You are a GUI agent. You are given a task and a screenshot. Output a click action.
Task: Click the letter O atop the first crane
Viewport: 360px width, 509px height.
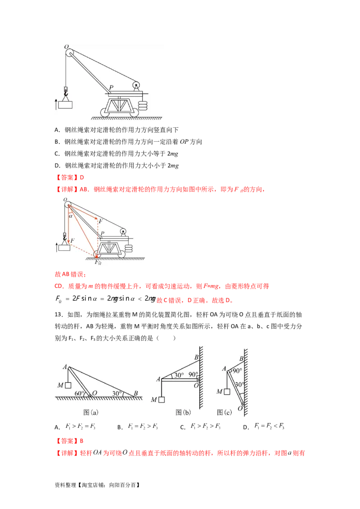click(66, 47)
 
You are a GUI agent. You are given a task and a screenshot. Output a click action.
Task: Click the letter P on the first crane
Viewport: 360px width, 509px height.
click(111, 88)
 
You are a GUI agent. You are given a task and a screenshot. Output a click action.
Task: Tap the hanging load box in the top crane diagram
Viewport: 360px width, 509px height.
click(65, 105)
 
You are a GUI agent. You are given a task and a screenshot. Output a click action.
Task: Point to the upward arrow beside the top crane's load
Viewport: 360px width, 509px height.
click(56, 104)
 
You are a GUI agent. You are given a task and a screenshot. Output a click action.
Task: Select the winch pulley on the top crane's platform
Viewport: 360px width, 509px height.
click(136, 85)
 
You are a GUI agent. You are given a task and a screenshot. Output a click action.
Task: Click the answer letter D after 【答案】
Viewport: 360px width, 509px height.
click(82, 178)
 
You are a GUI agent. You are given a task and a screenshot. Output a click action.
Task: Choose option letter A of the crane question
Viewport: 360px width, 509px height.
click(57, 130)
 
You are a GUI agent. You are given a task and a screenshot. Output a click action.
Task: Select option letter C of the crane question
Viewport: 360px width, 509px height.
click(57, 153)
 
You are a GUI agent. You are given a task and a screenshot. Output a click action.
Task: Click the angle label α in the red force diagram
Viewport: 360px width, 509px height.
click(71, 216)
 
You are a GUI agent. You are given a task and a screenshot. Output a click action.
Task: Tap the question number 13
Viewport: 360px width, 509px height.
click(58, 315)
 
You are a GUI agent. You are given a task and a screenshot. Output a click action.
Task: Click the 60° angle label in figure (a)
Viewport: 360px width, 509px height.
click(79, 393)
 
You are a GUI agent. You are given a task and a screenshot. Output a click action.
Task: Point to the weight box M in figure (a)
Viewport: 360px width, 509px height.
click(68, 385)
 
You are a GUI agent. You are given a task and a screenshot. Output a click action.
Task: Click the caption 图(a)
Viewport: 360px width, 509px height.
click(90, 412)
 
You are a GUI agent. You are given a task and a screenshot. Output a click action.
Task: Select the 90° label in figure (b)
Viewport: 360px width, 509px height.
click(193, 375)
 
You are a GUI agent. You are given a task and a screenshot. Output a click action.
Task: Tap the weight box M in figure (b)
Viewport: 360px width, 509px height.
click(161, 400)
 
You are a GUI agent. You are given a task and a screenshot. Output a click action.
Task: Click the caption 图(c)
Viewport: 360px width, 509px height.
click(225, 412)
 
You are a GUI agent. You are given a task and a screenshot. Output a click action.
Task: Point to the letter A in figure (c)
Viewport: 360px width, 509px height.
click(224, 369)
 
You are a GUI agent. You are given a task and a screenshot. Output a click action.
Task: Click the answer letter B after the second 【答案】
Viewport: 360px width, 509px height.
click(81, 441)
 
